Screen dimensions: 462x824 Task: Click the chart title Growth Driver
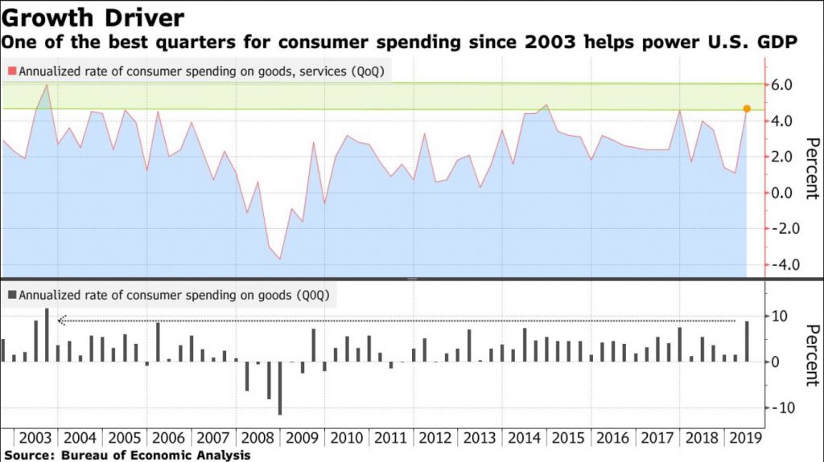(x=93, y=17)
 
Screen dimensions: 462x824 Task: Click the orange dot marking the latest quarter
(x=747, y=108)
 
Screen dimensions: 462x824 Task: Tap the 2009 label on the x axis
(x=302, y=440)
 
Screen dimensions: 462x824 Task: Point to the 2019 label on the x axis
(x=745, y=440)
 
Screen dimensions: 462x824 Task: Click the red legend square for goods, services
(x=12, y=72)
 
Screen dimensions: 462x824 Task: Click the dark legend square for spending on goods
(x=12, y=295)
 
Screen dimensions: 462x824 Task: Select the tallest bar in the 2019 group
(x=747, y=341)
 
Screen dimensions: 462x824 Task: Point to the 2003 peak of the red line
(x=47, y=85)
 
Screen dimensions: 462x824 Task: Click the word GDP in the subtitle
(x=778, y=43)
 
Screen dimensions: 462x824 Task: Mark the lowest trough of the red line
(x=280, y=259)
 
